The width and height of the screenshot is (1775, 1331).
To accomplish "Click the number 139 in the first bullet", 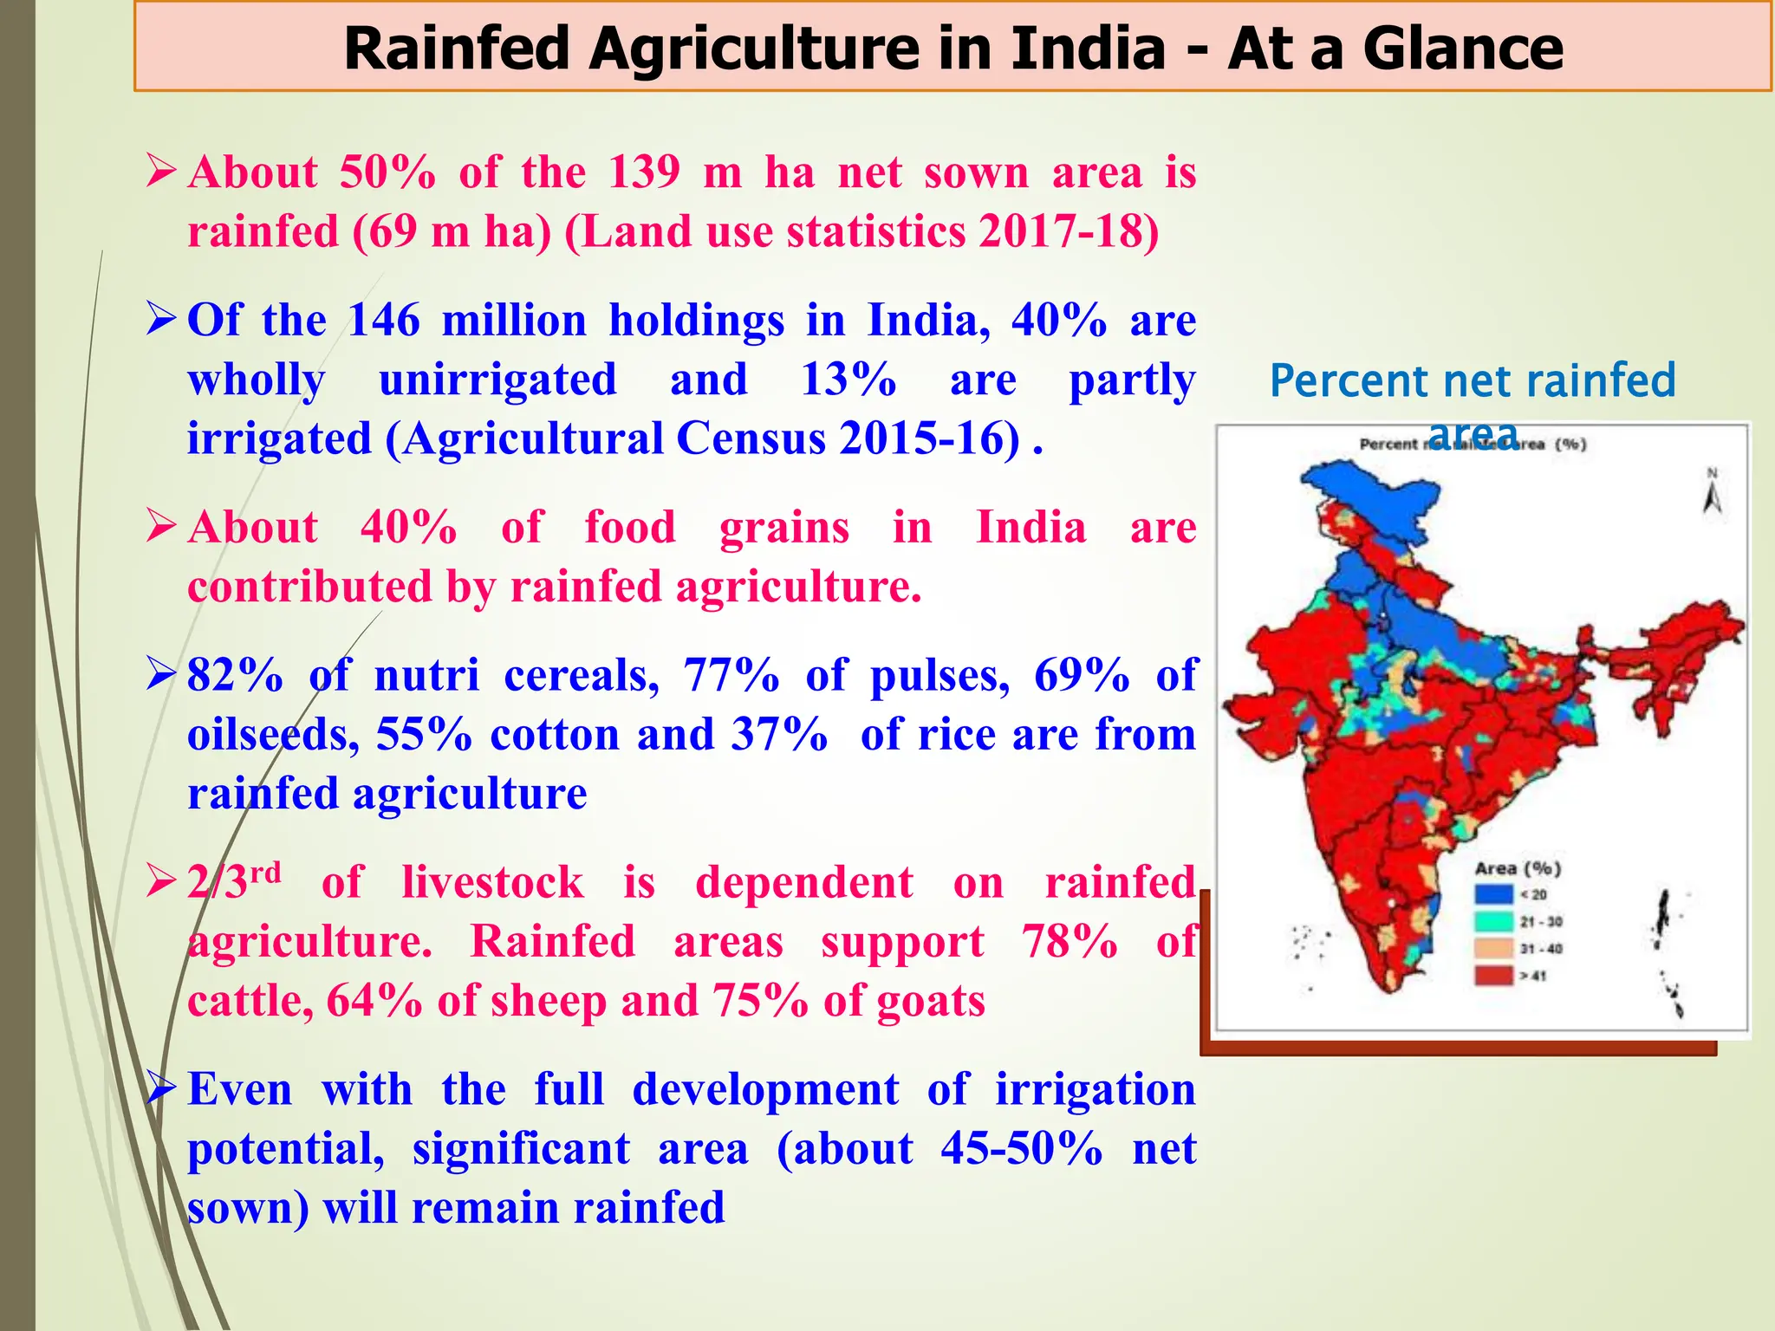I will click(644, 172).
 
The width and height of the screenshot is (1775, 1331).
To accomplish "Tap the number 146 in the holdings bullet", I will click(383, 321).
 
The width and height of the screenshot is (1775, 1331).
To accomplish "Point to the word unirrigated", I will click(497, 380).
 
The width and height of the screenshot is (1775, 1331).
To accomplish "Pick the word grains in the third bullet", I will click(784, 528).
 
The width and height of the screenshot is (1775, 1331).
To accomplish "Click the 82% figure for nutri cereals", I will click(235, 675).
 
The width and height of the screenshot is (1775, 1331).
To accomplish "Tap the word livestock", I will click(492, 883).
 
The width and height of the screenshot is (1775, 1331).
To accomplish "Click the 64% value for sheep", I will click(374, 1001).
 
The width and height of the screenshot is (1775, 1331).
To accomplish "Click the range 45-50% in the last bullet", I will click(1022, 1149).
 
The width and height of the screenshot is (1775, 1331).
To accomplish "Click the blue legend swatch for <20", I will click(1493, 893).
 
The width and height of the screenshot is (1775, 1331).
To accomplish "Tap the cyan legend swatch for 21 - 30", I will click(1493, 920).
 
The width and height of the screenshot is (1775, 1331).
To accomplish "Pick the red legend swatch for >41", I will click(1493, 975).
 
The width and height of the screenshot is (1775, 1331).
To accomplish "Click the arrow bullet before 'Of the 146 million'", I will click(162, 319).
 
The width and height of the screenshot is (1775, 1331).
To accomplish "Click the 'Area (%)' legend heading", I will click(1518, 868).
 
